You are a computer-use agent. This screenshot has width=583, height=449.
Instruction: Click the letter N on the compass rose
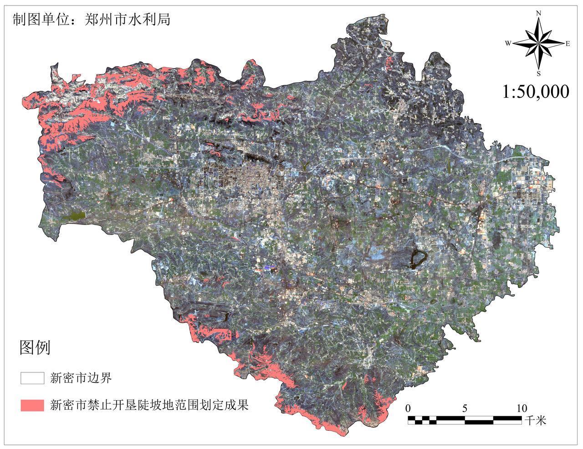coord(538,14)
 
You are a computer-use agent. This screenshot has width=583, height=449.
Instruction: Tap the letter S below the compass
coord(538,73)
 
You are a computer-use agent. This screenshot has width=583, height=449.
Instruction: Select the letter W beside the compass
coord(508,43)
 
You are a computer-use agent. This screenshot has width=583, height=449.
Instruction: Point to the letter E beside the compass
coord(568,44)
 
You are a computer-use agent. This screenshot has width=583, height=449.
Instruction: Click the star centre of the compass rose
coord(538,43)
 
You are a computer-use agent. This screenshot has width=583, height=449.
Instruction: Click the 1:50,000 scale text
coord(536,92)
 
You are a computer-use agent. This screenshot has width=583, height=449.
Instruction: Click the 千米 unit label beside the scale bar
coord(536,420)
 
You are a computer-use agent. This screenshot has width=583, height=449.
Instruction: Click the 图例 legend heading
coord(35,348)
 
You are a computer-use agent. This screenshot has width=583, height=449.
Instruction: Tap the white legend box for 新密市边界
coord(32,378)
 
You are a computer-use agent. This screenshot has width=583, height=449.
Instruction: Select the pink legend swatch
coord(32,405)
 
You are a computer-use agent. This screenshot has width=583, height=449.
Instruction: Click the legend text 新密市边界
coord(81,378)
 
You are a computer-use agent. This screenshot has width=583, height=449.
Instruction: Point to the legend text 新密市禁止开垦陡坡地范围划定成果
coord(149,405)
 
